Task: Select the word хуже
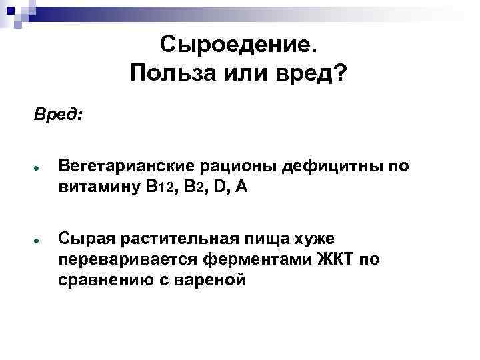point(318,237)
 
